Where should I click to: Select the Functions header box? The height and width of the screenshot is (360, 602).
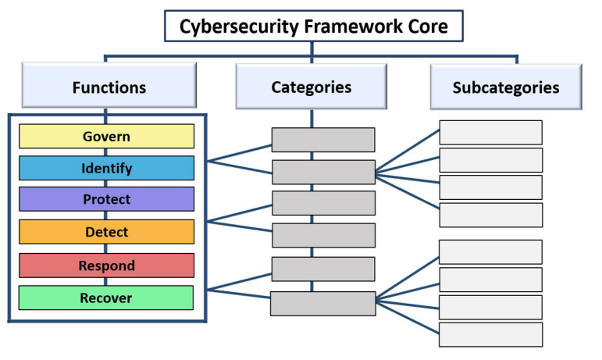(x=109, y=86)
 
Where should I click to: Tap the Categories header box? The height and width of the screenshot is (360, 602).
(x=311, y=86)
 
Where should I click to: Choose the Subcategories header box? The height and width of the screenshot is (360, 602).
(x=505, y=87)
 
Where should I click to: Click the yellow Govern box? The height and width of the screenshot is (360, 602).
(x=106, y=137)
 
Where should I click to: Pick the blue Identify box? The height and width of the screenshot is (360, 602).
(x=106, y=168)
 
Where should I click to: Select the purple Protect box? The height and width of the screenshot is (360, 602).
(x=106, y=199)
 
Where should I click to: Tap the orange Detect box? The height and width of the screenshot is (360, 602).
(x=106, y=232)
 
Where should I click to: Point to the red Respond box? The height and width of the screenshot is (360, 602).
(x=106, y=266)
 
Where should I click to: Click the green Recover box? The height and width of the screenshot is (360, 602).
(x=106, y=298)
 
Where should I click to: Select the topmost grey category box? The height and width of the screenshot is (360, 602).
(x=322, y=140)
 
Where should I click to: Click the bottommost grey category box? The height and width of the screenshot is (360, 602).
(x=322, y=303)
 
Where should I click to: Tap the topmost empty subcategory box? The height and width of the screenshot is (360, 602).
(x=490, y=132)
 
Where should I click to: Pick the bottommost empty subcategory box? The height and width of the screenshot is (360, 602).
(x=490, y=333)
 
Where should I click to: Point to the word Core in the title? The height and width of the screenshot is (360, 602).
(x=429, y=27)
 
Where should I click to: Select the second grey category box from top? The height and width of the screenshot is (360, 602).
(x=322, y=172)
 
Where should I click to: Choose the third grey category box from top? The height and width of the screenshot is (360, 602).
(x=322, y=203)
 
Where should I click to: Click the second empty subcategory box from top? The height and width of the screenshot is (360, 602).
(x=490, y=160)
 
